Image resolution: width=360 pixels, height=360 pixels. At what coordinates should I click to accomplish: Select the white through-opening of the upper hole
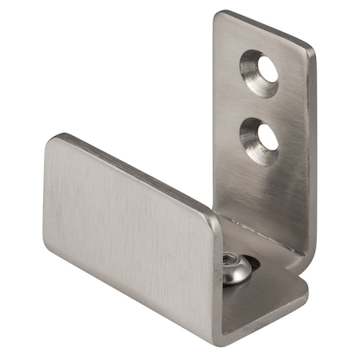[x=267, y=70]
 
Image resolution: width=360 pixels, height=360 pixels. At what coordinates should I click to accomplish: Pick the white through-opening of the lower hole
[x=269, y=138]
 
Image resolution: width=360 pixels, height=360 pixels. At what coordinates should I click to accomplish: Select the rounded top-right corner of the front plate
[x=214, y=218]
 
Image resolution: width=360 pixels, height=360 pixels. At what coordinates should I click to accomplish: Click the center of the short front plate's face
[x=132, y=232]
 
